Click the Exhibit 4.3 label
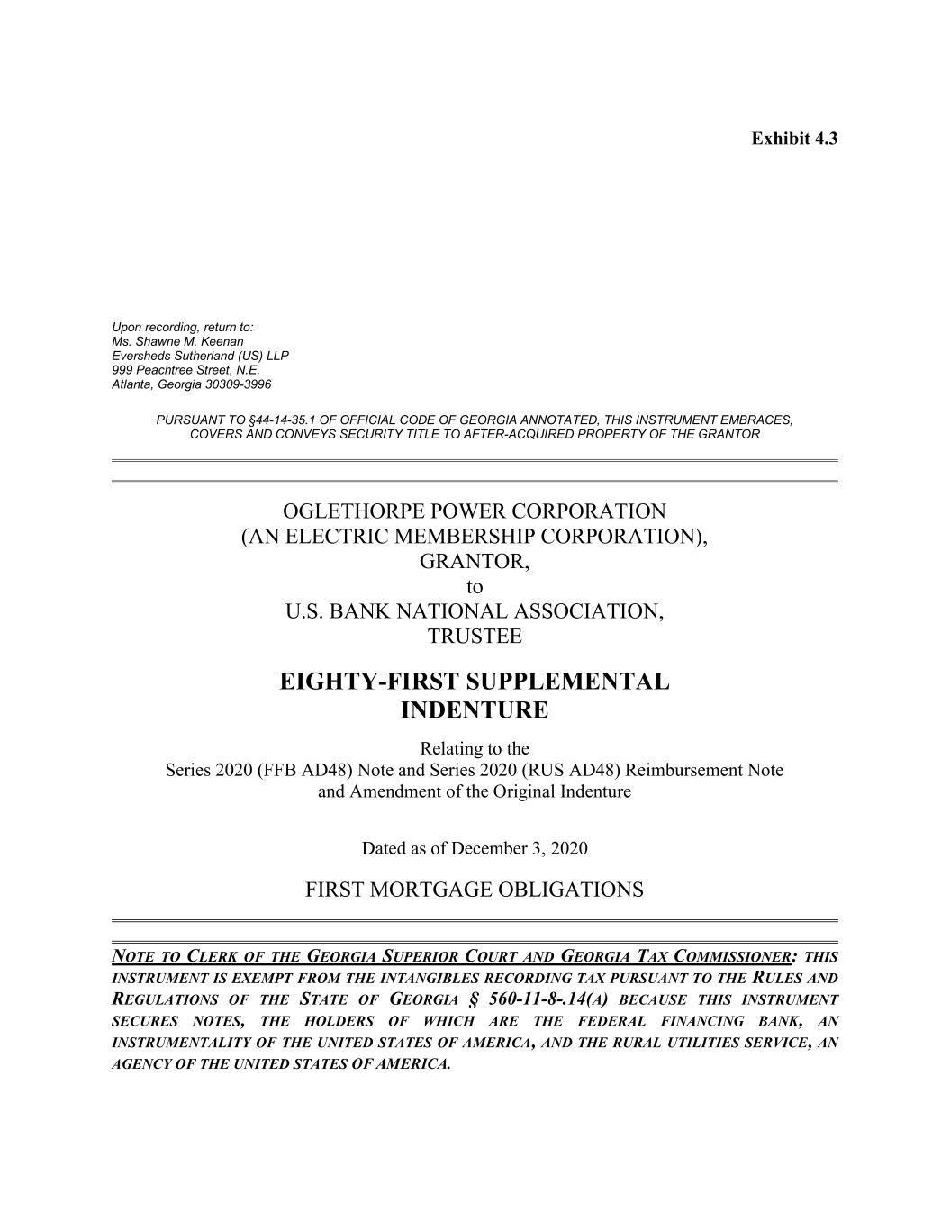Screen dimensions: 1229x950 point(794,139)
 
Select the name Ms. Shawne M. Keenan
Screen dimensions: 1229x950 point(177,342)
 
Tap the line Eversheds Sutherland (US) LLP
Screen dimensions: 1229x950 point(200,356)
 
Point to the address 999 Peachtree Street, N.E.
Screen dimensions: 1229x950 point(185,370)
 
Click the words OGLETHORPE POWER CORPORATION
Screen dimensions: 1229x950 point(475,511)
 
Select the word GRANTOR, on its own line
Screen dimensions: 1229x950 point(475,562)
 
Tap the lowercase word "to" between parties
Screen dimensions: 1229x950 point(475,587)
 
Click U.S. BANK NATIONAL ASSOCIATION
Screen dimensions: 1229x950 point(475,611)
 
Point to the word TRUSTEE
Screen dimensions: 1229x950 point(475,637)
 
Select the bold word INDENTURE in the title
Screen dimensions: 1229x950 point(474,710)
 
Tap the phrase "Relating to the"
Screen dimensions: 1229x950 point(475,749)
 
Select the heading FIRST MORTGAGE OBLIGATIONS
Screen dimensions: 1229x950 point(475,890)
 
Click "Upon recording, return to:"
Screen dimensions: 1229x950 point(183,328)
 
